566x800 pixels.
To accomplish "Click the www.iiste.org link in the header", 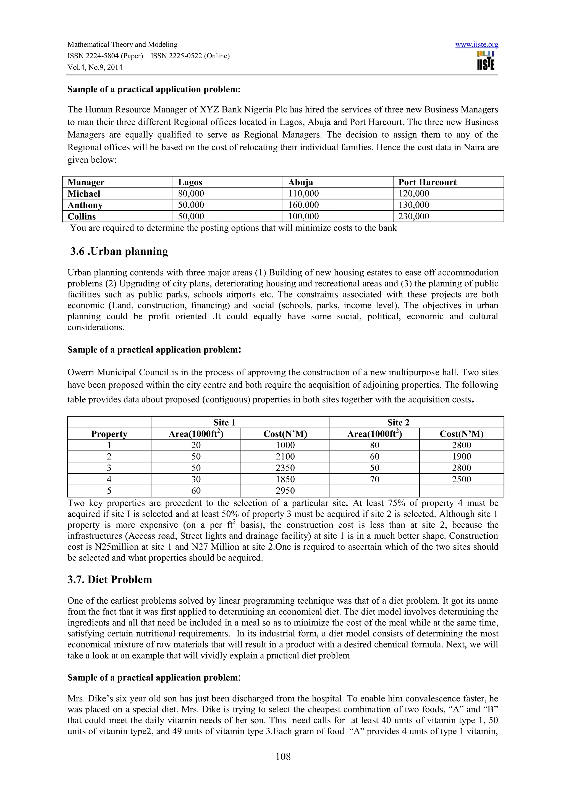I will (476, 44).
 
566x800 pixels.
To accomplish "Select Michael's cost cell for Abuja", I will (303, 194).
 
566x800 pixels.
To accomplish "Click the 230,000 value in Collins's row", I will (414, 216).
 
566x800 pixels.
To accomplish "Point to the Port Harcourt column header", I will (427, 182).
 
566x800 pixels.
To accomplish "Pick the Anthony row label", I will (85, 205).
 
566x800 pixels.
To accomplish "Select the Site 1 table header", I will (224, 422).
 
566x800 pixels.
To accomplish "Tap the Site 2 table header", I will (398, 422).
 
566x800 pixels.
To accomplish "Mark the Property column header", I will (109, 434).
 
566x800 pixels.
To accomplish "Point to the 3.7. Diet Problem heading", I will (109, 580).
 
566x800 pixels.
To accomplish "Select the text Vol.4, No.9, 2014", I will (95, 67).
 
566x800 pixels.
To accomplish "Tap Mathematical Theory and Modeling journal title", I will (122, 44).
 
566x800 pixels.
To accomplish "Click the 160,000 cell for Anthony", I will (303, 205).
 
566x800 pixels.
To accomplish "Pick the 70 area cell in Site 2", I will (374, 480).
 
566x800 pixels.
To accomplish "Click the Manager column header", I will (86, 182).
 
